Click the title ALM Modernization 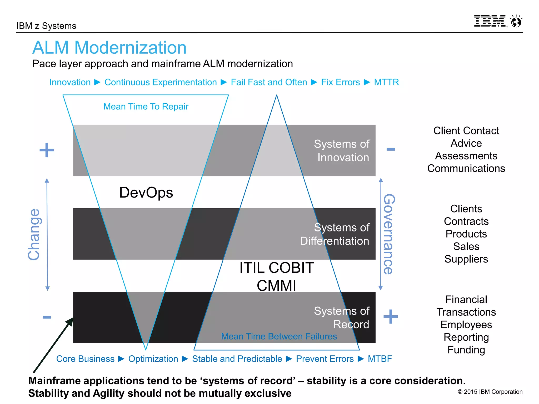[109, 48]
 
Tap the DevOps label [146, 193]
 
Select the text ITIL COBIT [277, 268]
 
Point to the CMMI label [276, 286]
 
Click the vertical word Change [34, 234]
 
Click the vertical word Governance [389, 234]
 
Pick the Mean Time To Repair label [146, 107]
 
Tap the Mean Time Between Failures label [279, 336]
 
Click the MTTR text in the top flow [386, 82]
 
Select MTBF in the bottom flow [380, 359]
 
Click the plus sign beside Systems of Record [391, 316]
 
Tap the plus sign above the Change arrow [47, 150]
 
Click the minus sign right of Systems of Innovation [391, 149]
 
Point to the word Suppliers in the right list [466, 259]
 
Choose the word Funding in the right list [466, 350]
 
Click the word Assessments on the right [466, 156]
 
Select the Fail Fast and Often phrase [269, 82]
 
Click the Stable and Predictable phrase [237, 359]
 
